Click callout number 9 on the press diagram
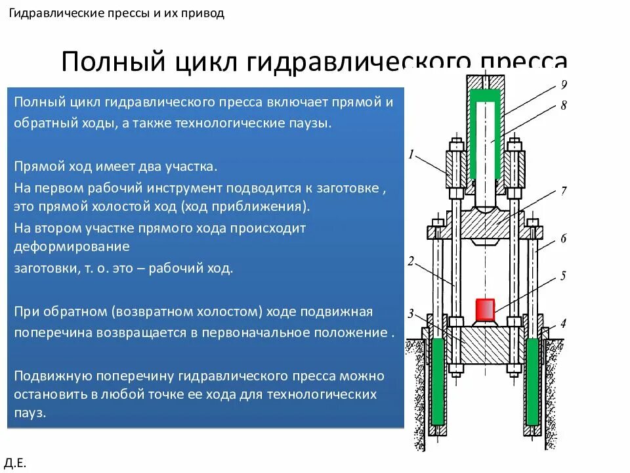[563, 84]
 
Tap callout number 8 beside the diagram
[563, 105]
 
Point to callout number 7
[563, 192]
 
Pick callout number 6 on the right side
[563, 238]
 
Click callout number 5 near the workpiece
[563, 276]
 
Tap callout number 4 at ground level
[563, 323]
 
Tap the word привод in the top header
[204, 13]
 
